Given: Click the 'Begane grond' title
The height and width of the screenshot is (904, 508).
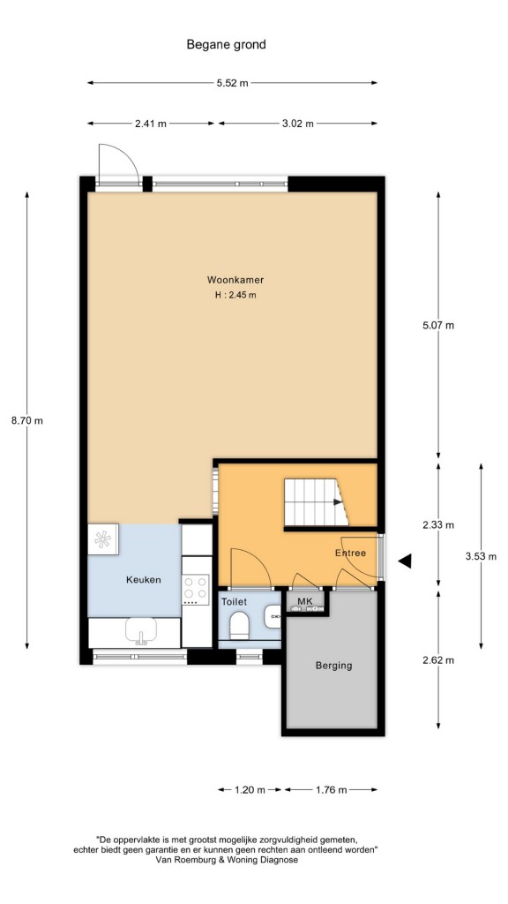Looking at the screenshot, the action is [226, 44].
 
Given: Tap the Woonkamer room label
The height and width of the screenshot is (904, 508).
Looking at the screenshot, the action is [235, 280].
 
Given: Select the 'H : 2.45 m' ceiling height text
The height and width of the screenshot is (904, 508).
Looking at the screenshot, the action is [235, 295].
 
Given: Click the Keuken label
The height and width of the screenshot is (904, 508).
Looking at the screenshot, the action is [144, 580].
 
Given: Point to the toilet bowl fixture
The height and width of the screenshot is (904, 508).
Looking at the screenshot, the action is [239, 625].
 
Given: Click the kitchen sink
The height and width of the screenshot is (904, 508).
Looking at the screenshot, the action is [141, 631].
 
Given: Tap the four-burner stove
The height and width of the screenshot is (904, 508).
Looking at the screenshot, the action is [195, 589].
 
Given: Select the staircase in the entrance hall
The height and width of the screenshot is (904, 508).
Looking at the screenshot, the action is [316, 502].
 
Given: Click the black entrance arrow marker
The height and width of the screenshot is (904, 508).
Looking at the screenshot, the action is [405, 561].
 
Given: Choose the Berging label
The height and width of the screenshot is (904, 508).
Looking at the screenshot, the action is [333, 666].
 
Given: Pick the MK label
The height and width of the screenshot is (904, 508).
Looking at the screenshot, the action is [304, 602].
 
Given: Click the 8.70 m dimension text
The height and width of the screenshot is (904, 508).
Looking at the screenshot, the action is [27, 421].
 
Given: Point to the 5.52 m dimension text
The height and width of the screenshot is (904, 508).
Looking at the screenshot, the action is [233, 83].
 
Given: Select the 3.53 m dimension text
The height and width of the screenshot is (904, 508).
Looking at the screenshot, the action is [481, 557].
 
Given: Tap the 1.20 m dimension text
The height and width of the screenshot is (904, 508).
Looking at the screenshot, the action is [250, 790].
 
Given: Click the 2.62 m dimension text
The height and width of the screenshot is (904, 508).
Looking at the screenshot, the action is [438, 660].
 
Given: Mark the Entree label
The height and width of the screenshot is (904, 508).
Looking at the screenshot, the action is [351, 554].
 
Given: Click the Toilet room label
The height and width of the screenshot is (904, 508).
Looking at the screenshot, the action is [235, 602].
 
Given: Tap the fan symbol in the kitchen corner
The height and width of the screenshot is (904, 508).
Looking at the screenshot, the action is [103, 539].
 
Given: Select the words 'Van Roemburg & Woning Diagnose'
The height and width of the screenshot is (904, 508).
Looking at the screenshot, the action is [227, 860].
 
